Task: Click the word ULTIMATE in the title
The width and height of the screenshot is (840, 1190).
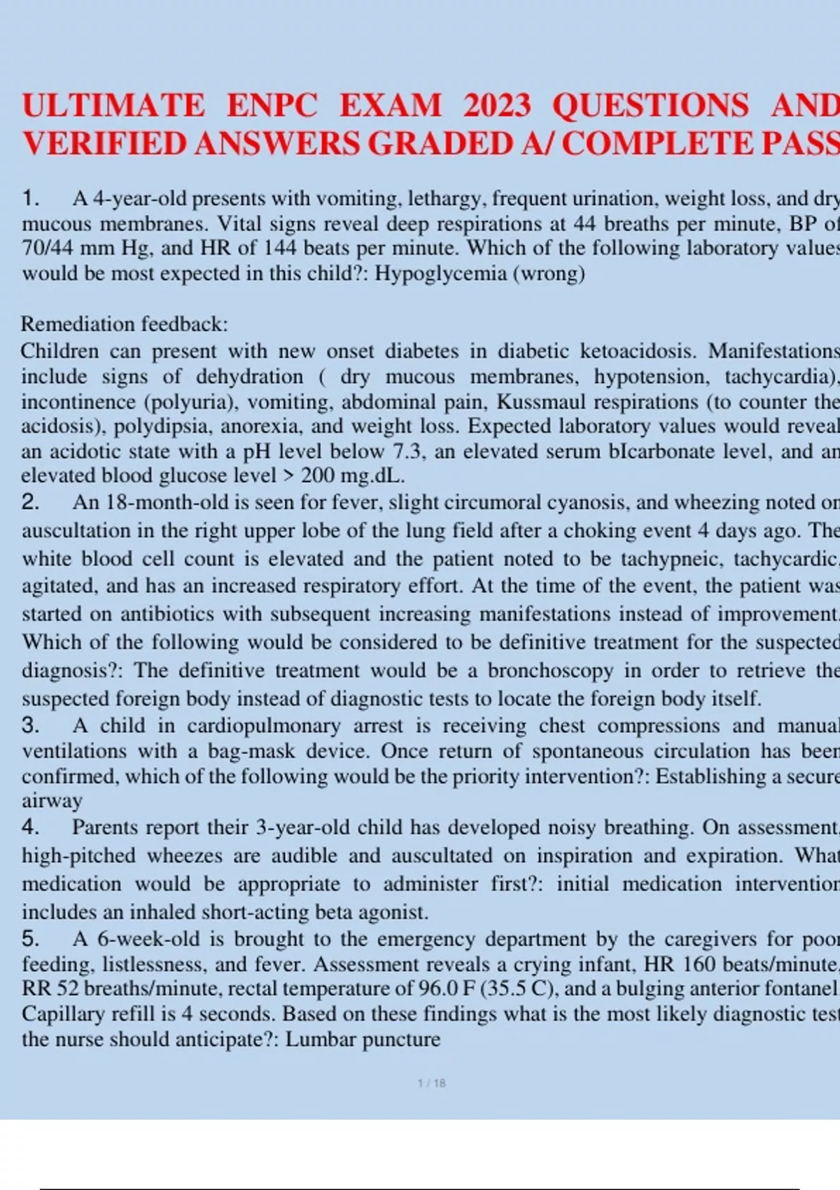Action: click(x=113, y=106)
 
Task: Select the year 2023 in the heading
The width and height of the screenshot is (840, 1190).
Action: click(x=497, y=106)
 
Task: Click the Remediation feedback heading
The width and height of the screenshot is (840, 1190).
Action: click(x=125, y=324)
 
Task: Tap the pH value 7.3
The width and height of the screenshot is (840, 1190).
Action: click(x=409, y=451)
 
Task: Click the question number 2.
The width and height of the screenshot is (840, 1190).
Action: click(x=30, y=502)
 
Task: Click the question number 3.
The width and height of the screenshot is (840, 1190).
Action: click(x=30, y=725)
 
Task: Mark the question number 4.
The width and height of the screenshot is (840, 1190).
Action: click(x=30, y=827)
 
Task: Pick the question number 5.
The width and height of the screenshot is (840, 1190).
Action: click(x=30, y=939)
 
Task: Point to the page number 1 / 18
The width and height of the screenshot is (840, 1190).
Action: click(x=431, y=1084)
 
